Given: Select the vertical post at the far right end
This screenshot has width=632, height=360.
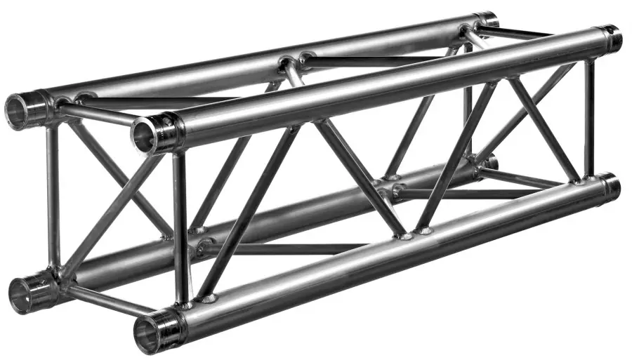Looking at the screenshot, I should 589,119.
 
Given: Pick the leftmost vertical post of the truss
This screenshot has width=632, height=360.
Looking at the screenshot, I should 52,196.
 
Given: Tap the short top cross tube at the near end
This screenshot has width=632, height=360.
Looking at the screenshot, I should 98,114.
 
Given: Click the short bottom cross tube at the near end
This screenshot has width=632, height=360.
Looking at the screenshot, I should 105,298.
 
